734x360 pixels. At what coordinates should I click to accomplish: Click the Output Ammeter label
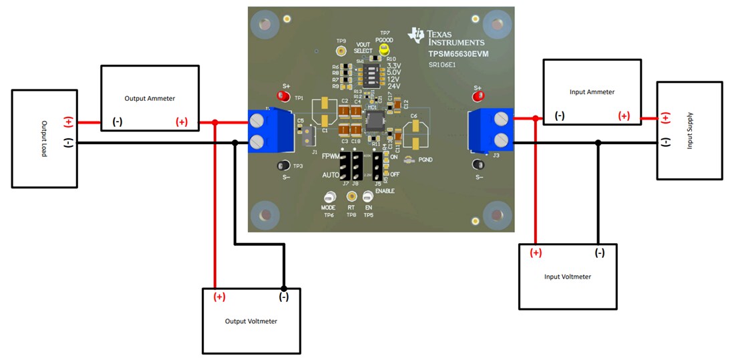pos(150,98)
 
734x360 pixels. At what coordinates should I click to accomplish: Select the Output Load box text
pos(45,138)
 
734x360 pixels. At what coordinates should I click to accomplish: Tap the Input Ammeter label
pos(592,92)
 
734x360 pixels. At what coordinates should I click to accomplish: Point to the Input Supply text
pos(690,130)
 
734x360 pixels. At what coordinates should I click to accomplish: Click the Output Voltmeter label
pos(251,321)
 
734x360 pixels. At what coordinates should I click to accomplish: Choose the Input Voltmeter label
pos(568,277)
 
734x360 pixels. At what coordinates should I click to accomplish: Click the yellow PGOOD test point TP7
pos(384,49)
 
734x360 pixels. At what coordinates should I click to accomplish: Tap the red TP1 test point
pos(283,98)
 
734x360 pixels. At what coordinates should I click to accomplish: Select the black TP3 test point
pos(283,166)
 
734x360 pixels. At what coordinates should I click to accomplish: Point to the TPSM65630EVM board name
pos(458,53)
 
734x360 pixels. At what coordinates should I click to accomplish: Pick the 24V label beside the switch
pos(393,86)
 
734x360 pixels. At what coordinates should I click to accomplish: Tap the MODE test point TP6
pos(329,197)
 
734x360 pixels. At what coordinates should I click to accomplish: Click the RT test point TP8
pos(351,196)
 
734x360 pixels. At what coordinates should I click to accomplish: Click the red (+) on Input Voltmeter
pos(536,253)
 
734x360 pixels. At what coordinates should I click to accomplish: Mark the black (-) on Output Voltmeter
pos(283,297)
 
